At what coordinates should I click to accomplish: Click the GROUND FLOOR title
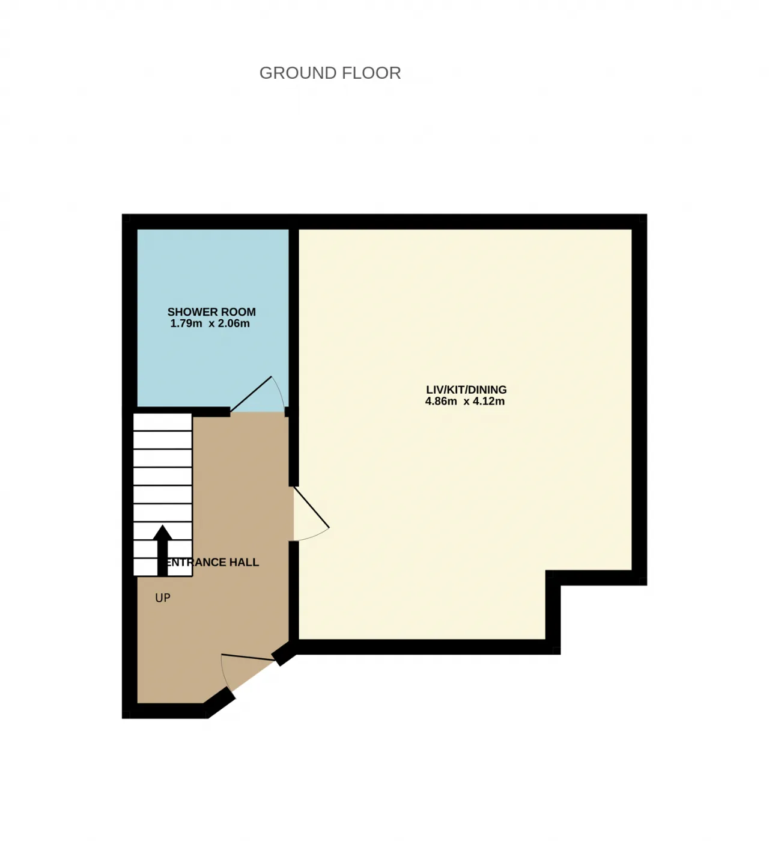tap(330, 73)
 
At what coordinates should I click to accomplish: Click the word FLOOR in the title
tap(371, 73)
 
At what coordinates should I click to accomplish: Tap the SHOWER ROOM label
tap(211, 312)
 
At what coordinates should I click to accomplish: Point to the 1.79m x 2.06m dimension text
tap(210, 323)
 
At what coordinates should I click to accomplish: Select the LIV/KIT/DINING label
tap(466, 390)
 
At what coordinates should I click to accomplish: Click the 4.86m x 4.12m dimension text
tap(465, 401)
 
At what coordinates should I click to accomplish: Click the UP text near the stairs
tap(163, 598)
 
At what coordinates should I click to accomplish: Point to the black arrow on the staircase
tap(162, 551)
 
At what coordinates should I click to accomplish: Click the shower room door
tap(251, 393)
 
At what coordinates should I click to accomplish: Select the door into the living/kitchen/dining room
tap(311, 506)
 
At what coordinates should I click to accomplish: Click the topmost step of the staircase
tap(163, 422)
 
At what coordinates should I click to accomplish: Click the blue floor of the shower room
tap(213, 272)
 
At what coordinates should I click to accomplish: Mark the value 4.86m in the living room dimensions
tap(441, 401)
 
